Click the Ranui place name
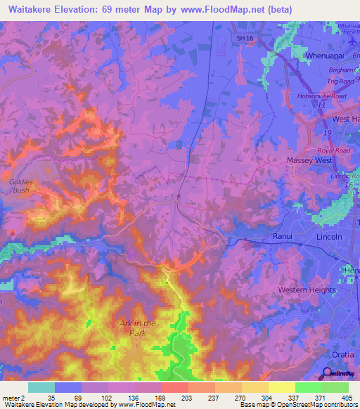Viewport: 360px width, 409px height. (x=282, y=238)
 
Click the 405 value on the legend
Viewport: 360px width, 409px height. (x=345, y=397)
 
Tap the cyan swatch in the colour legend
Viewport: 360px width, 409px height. (x=41, y=387)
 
